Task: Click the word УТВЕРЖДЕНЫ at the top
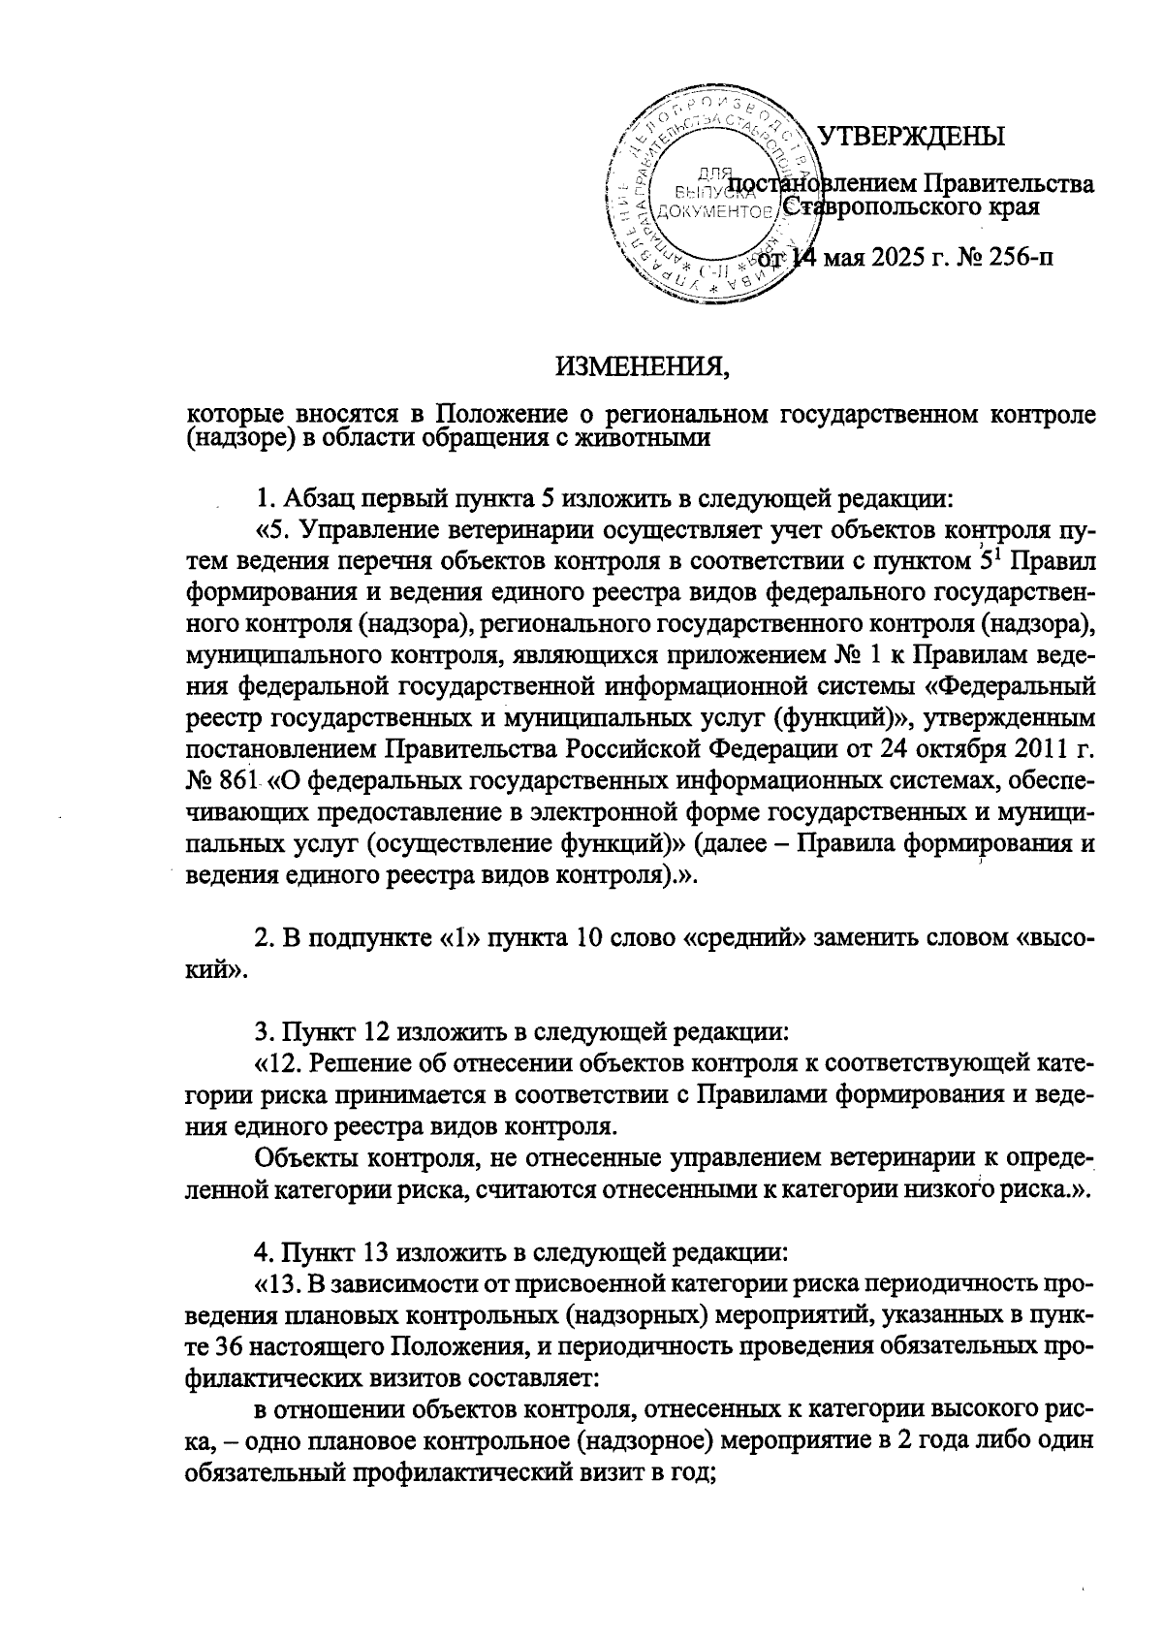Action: pyautogui.click(x=911, y=137)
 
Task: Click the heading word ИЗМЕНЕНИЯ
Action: pyautogui.click(x=641, y=367)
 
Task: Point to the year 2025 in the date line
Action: pyautogui.click(x=912, y=258)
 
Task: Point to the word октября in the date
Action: pyautogui.click(x=959, y=749)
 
